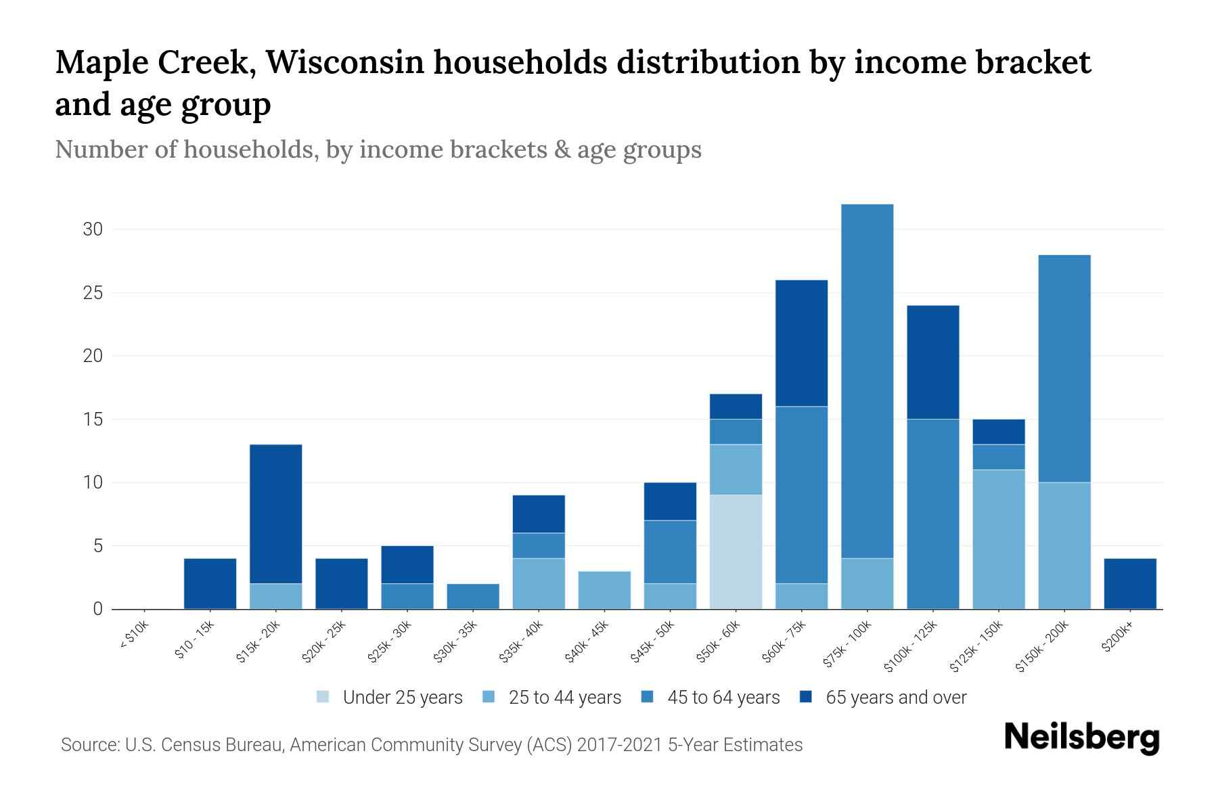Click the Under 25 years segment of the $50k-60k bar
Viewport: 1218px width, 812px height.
(x=736, y=551)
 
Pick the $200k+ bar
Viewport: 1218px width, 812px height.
(x=1129, y=583)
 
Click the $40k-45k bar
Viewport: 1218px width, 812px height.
(x=604, y=590)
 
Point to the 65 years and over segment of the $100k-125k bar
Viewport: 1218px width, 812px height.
(x=932, y=362)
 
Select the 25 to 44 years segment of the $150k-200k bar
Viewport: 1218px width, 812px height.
(x=1064, y=545)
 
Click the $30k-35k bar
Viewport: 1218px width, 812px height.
(x=473, y=596)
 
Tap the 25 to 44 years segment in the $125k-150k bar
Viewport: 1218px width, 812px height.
(x=998, y=539)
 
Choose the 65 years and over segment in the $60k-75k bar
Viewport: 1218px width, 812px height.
(x=801, y=343)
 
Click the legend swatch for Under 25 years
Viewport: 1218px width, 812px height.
(x=323, y=697)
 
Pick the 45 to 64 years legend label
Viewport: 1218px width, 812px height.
(x=723, y=698)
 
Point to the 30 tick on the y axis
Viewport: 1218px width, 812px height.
(x=93, y=229)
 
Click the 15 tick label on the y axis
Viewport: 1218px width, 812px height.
(x=93, y=420)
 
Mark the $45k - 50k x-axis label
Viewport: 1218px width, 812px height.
(x=654, y=642)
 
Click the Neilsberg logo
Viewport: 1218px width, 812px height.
(x=1081, y=738)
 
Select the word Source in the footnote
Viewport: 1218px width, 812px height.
(x=88, y=745)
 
